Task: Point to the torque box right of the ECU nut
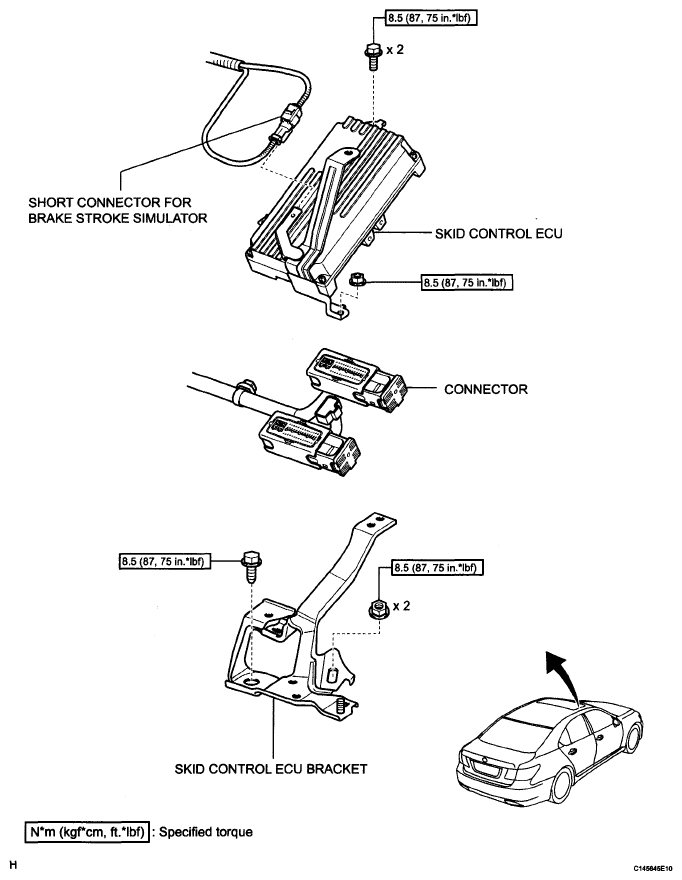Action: [x=466, y=283]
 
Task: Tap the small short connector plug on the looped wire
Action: [x=290, y=122]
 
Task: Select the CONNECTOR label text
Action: [x=486, y=388]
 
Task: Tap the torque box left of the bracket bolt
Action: [x=163, y=560]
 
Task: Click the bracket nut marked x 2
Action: [x=381, y=605]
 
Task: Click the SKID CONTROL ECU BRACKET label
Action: [x=271, y=770]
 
